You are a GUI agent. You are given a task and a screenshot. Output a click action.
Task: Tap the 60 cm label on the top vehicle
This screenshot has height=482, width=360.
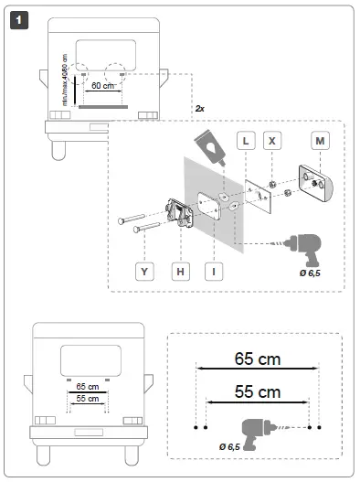[104, 85]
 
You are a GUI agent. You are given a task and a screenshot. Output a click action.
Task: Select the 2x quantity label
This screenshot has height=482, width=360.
[199, 108]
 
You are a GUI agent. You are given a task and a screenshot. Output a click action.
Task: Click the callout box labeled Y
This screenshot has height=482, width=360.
[144, 271]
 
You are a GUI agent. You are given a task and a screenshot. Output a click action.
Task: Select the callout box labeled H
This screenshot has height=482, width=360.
[181, 271]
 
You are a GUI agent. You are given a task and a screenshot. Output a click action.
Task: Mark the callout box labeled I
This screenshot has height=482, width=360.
[214, 271]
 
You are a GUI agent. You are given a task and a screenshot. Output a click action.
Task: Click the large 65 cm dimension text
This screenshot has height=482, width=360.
[257, 358]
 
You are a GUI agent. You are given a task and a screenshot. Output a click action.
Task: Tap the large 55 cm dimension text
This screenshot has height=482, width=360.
[257, 391]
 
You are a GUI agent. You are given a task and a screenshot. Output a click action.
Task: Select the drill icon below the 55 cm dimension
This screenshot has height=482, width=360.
[262, 429]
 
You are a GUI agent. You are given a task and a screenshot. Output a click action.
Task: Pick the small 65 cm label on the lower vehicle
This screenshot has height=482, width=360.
[88, 386]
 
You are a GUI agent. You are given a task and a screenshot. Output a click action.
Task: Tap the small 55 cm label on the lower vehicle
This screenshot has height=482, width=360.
[88, 400]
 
